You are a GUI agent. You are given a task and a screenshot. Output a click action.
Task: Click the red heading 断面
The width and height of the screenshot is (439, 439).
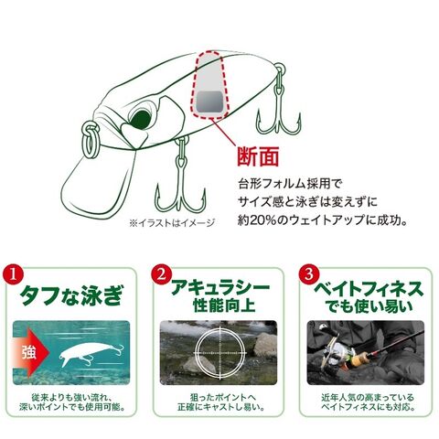(x=258, y=157)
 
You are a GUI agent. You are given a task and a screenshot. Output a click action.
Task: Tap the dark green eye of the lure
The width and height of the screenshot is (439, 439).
(x=140, y=120)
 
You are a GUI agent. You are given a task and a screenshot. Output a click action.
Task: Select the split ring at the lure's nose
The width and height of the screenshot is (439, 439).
(x=91, y=139)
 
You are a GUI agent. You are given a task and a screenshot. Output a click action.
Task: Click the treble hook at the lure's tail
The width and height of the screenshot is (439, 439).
(x=279, y=101)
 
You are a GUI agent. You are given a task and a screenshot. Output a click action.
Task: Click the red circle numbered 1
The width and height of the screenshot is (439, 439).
(x=13, y=274)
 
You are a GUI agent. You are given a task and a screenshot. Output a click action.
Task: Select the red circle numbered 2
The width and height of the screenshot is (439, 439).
(x=161, y=274)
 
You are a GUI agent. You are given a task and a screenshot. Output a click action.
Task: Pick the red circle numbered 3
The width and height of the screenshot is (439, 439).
(x=309, y=274)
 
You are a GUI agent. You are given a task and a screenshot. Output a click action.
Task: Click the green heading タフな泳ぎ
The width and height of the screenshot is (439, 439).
(x=70, y=295)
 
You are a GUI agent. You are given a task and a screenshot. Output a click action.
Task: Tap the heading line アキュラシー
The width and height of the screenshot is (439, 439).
(x=220, y=288)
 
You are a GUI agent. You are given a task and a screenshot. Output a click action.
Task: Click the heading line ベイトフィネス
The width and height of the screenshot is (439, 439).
(x=369, y=289)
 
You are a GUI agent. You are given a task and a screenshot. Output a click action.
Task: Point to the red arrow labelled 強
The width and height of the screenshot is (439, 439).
(x=31, y=352)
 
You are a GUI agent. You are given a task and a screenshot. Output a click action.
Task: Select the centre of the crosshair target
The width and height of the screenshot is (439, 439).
(x=219, y=352)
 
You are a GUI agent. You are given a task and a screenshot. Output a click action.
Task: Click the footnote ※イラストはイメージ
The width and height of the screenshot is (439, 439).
(x=172, y=223)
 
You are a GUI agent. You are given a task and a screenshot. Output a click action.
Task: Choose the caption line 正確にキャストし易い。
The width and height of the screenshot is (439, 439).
(x=220, y=407)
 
